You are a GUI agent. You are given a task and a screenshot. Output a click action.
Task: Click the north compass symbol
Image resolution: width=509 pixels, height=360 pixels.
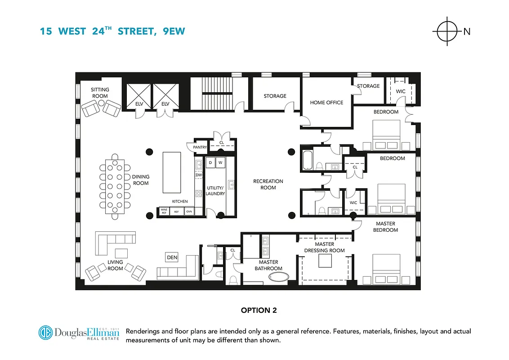coord(446,31)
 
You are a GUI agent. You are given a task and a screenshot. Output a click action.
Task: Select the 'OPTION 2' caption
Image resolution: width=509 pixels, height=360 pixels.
coord(259,310)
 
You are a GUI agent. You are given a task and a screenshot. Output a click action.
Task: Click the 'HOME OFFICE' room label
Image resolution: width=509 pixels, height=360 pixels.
coord(326,103)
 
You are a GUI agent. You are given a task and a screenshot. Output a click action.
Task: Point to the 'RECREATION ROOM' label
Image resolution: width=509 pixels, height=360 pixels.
coord(268,184)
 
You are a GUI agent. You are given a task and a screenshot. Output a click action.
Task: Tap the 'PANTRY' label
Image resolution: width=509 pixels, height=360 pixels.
coord(200,147)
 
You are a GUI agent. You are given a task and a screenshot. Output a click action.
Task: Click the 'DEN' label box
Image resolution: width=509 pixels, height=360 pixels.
coord(172,257)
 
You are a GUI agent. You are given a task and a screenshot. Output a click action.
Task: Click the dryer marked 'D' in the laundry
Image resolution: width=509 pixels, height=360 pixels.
coord(211,162)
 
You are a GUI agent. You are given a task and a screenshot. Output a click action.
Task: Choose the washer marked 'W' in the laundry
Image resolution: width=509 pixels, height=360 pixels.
coord(221,162)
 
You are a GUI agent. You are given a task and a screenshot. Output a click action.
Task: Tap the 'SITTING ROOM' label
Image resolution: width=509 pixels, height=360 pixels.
coord(99,93)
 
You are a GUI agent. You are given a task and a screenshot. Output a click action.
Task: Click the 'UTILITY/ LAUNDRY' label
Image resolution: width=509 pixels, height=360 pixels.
coord(215,190)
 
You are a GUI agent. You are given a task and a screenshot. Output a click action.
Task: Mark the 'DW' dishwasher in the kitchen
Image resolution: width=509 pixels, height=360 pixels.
coord(198,175)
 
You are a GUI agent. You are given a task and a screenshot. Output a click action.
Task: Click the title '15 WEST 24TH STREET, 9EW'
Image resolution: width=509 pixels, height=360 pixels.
coord(112,31)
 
